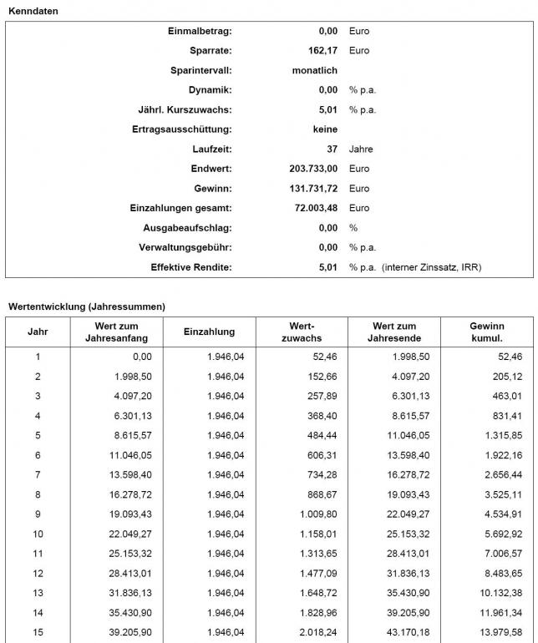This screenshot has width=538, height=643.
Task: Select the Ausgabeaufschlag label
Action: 187,228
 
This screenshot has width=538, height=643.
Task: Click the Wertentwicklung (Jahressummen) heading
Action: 87,306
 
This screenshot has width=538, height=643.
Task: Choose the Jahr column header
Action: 38,332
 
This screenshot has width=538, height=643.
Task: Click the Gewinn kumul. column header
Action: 487,332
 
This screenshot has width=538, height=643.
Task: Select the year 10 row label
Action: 38,534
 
